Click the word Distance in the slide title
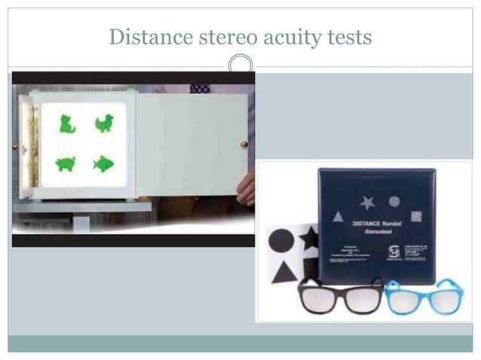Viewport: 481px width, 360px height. click(x=142, y=36)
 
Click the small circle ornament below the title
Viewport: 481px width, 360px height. click(x=240, y=65)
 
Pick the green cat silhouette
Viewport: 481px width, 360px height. click(x=67, y=124)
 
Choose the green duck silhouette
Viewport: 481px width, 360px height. click(x=104, y=124)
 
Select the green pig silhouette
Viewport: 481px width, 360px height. click(x=66, y=163)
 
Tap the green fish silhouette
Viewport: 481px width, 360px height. click(x=103, y=163)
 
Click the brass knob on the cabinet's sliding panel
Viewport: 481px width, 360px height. click(x=244, y=144)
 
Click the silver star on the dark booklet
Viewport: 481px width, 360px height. click(x=367, y=202)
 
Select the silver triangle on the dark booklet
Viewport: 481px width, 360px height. click(x=339, y=216)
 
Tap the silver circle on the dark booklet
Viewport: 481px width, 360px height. click(x=394, y=201)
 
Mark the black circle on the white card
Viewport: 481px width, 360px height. click(x=281, y=241)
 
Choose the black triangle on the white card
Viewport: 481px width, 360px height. click(x=284, y=272)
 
